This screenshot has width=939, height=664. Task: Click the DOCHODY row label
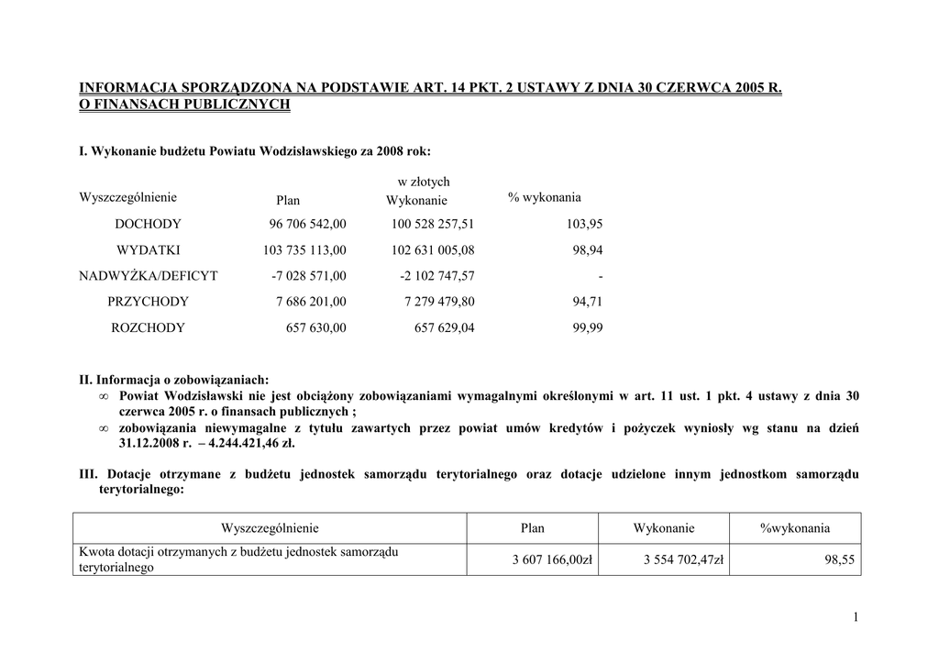[148, 224]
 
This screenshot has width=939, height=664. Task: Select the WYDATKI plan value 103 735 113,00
[304, 249]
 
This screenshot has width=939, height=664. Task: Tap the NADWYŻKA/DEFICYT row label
[149, 275]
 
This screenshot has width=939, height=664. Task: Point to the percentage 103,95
[587, 224]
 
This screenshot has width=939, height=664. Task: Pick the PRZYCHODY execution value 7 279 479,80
[439, 301]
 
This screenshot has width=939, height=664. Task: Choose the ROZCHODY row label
[148, 327]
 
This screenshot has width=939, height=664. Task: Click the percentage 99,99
[588, 327]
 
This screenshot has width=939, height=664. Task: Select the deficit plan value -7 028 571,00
[309, 275]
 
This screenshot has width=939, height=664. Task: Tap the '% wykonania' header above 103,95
[544, 197]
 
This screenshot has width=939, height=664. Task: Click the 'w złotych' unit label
[424, 182]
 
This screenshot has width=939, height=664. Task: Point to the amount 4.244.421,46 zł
[254, 442]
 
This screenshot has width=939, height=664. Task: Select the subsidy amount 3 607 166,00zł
[552, 559]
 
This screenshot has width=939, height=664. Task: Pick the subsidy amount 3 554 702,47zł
[683, 559]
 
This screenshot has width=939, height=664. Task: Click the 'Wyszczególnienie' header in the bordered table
[270, 527]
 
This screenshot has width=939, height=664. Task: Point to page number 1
[855, 617]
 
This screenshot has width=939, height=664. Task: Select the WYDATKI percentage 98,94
[588, 249]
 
